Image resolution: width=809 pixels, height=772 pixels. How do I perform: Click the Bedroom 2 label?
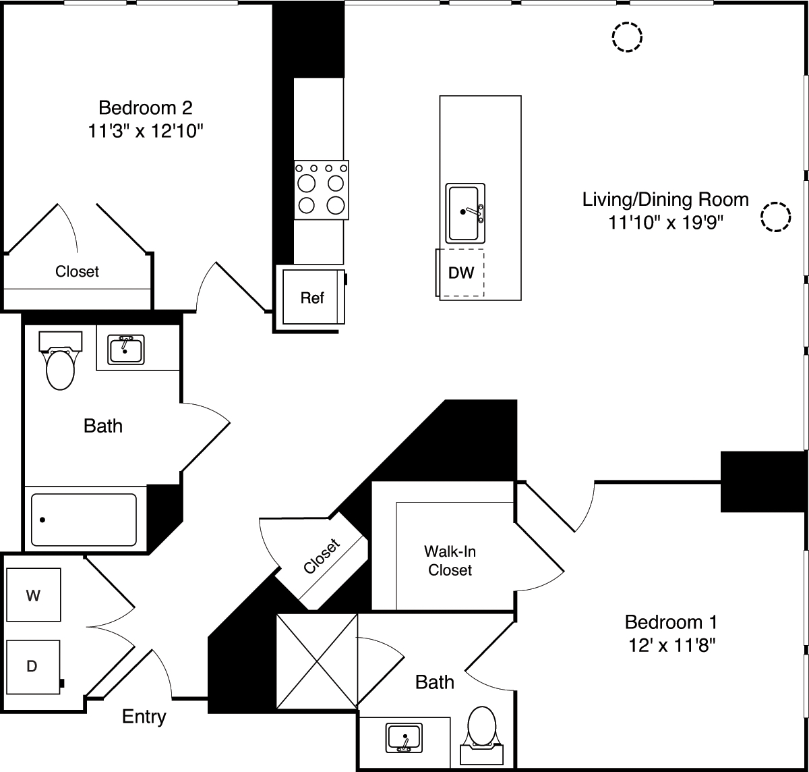coord(146,107)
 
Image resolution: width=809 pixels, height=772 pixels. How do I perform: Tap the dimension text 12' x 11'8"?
coord(670,645)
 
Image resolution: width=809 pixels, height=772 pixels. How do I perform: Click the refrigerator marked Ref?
coord(311,298)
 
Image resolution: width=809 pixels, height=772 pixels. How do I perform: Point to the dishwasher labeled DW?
coord(461,273)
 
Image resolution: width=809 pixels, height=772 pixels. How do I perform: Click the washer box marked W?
coord(33,595)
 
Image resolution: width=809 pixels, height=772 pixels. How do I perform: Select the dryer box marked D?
coord(33,666)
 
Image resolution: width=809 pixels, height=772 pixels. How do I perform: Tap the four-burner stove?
coord(321,190)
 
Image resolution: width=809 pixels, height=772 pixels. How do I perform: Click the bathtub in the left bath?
coord(84,520)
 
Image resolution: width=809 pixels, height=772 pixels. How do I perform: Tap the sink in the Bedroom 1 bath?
coord(404,738)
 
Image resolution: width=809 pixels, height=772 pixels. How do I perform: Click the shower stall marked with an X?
coord(317,661)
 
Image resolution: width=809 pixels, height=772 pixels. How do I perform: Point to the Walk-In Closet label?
coord(450,560)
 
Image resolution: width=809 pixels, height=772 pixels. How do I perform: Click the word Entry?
coord(144,716)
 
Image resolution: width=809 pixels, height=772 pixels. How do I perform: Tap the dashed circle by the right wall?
coord(775,217)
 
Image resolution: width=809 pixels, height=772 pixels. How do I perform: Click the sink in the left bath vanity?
coord(125,350)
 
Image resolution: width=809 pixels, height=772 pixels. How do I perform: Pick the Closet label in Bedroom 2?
coord(77,271)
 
